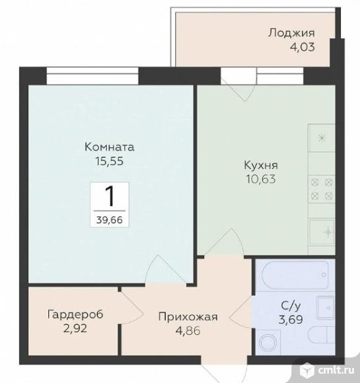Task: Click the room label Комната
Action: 109,147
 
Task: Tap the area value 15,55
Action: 109,161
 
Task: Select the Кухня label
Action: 261,165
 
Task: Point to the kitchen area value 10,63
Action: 261,180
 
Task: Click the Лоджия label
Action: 291,33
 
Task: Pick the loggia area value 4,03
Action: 303,47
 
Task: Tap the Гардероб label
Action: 75,314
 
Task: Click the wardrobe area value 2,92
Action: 75,329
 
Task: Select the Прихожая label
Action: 188,317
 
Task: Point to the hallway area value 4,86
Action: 188,331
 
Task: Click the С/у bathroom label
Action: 291,306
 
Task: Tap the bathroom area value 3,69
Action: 291,319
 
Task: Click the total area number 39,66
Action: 109,220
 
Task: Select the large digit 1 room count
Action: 110,196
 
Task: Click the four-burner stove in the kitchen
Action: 322,189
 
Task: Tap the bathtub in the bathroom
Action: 295,275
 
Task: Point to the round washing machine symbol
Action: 268,342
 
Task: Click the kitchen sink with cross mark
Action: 322,232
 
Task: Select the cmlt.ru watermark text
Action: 336,370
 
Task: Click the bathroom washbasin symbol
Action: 326,308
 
